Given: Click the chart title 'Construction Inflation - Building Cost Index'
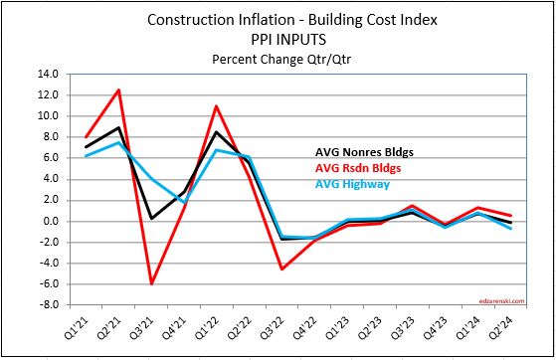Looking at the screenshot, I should pos(278,19).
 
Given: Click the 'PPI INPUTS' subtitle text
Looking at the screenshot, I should pos(278,38).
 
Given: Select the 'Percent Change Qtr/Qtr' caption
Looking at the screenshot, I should pos(278,57).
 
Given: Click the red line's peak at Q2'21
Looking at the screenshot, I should pos(119,90).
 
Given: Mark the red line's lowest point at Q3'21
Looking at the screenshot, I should pos(152,283).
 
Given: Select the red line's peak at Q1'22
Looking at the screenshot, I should pos(217,105).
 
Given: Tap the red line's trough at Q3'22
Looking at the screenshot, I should pos(282,269).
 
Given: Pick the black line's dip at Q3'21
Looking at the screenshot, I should pos(152,218).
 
